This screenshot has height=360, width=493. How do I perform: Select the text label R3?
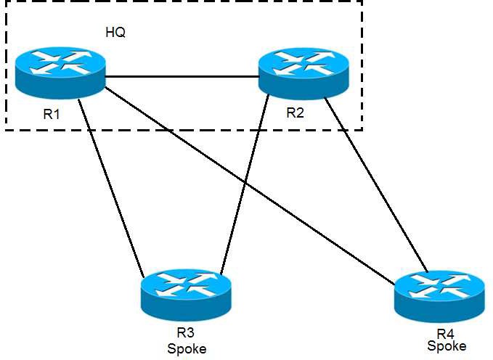(186, 333)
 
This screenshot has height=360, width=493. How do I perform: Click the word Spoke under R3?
(187, 349)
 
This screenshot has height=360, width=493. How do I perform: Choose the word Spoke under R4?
(447, 346)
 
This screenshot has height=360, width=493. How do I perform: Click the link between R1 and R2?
(182, 74)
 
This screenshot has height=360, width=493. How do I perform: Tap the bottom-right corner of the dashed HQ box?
(362, 130)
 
